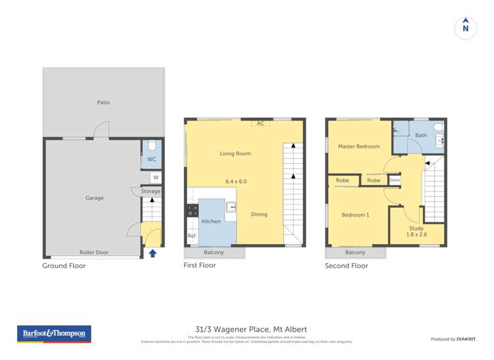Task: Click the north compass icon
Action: pos(466,28)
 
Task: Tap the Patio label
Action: pos(103,103)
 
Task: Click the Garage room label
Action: pos(94,197)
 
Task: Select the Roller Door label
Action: pos(94,252)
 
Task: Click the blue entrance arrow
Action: pos(153,253)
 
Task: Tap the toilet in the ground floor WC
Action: pos(151,145)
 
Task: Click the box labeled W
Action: pos(155,177)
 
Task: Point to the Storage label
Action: pos(150,192)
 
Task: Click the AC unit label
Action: pos(260,123)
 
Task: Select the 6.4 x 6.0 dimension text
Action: pos(236,181)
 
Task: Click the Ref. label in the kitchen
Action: pos(192,236)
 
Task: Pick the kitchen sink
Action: pos(232,207)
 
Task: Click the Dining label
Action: pos(260,214)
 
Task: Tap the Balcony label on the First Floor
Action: pos(213,252)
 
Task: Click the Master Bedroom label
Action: pos(358,146)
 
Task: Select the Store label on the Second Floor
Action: pos(395,180)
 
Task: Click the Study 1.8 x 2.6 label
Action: pos(416,232)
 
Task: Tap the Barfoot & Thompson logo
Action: pos(54,334)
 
